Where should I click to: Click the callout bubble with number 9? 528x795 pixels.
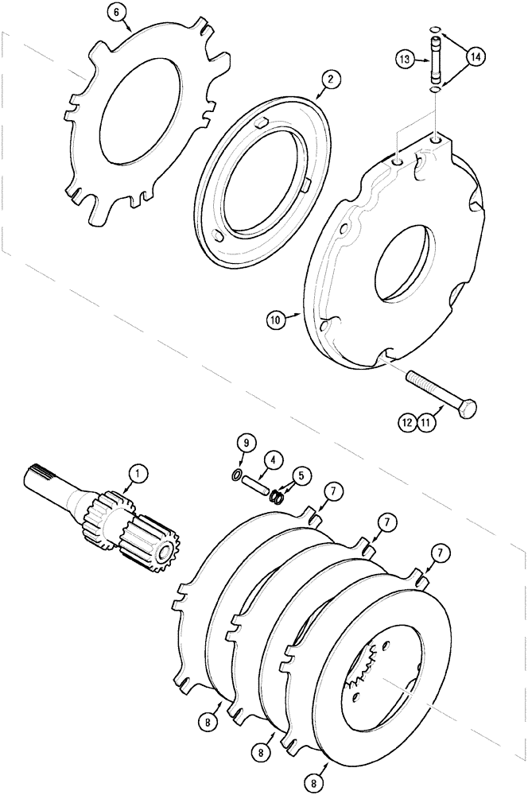tap(245, 442)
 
